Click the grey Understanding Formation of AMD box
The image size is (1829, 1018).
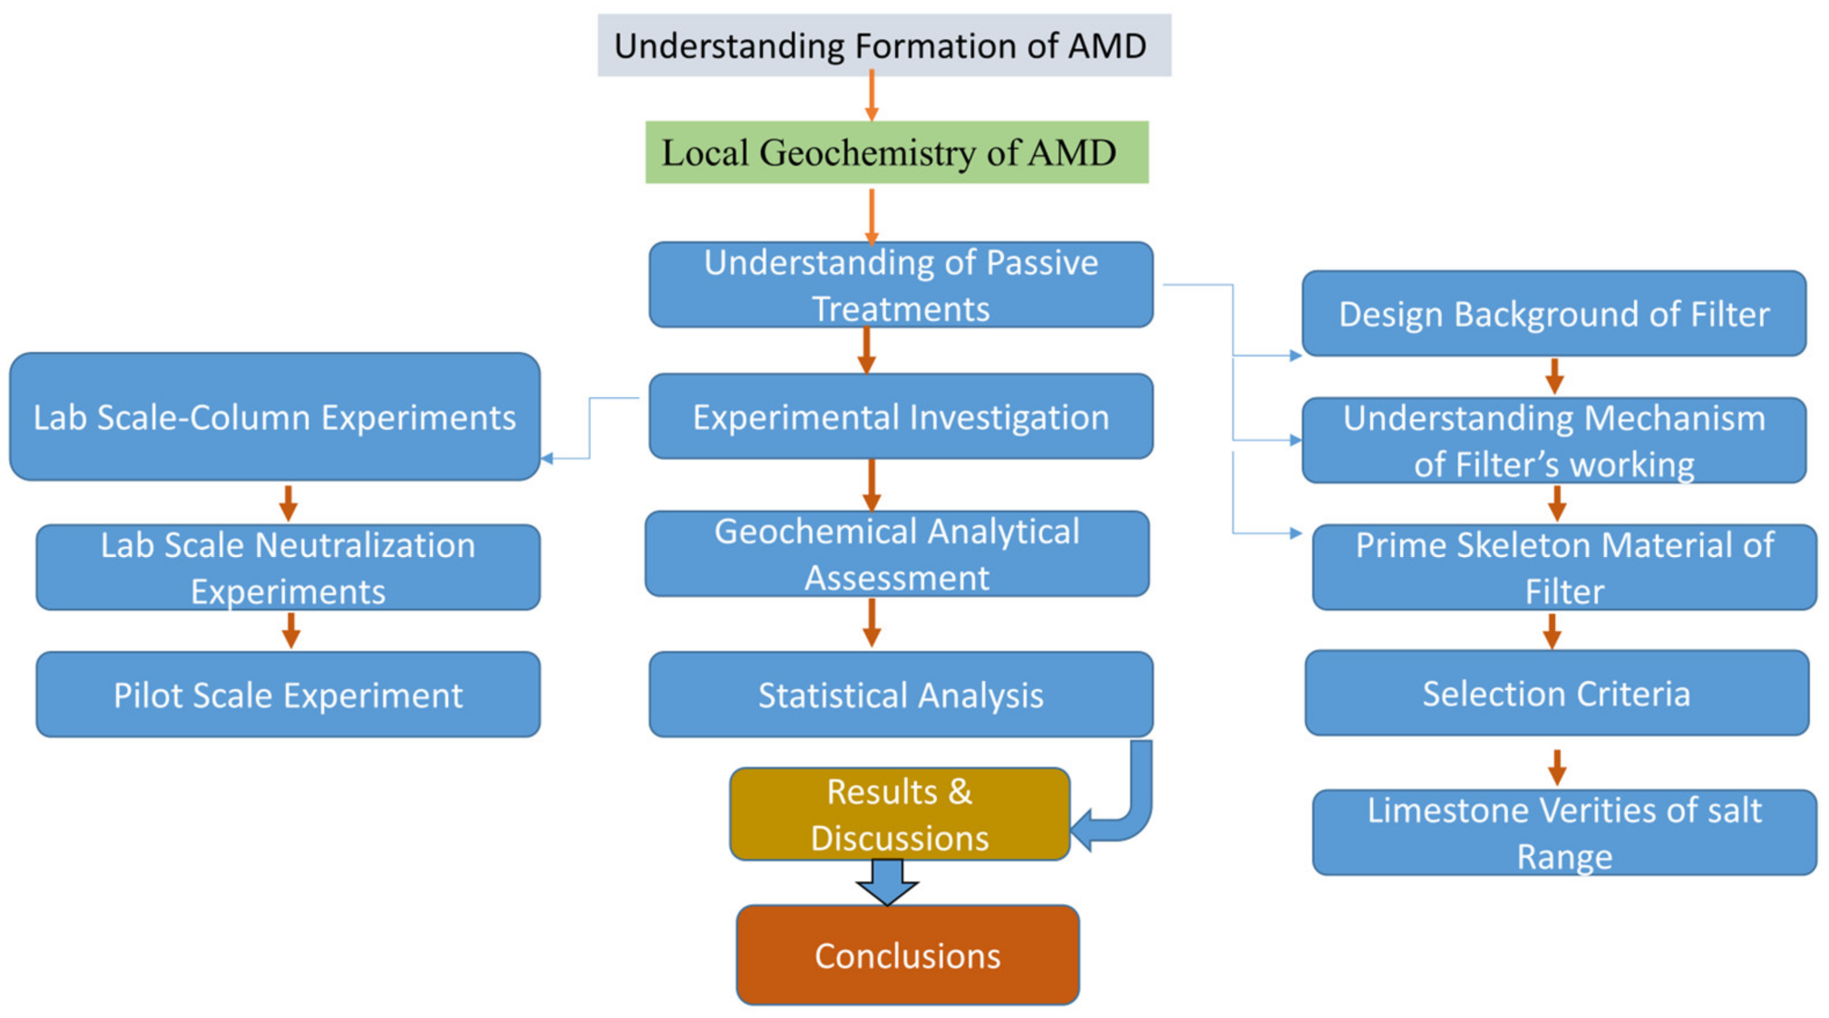884,45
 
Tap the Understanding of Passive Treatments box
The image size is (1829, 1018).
900,285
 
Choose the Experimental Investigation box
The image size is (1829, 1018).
900,417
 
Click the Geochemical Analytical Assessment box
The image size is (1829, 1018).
896,554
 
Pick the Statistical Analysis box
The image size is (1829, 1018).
900,694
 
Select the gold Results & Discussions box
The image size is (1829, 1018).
899,814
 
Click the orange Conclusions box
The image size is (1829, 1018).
907,955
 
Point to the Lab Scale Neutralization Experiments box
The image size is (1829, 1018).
288,567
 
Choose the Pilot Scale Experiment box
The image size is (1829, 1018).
288,694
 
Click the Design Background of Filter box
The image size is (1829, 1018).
1553,313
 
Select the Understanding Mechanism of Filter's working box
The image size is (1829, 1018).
1553,440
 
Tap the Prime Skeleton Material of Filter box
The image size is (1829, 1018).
1564,567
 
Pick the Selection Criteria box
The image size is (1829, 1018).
1556,693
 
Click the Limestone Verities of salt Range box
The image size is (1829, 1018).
1564,832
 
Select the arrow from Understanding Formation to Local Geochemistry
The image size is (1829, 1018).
872,96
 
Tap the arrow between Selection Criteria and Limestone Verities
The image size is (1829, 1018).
1557,767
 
